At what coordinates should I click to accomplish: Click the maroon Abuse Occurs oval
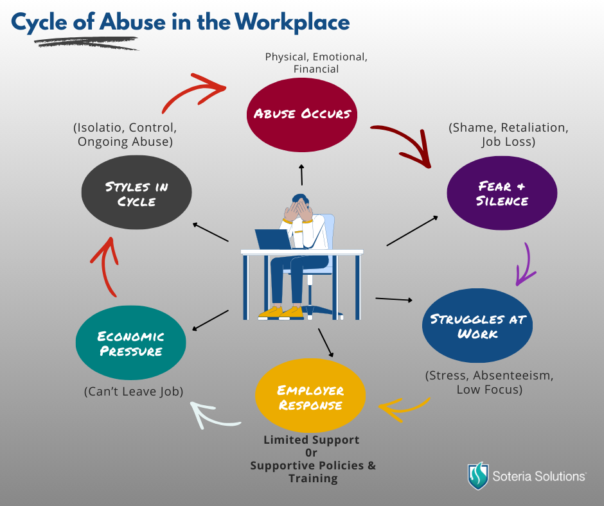[x=302, y=114]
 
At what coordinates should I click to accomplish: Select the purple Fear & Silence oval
[x=502, y=193]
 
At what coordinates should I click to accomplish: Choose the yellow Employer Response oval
[x=310, y=397]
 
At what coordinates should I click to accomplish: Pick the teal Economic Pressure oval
[x=130, y=344]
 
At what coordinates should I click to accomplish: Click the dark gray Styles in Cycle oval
[x=137, y=193]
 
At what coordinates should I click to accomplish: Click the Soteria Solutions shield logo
[x=477, y=476]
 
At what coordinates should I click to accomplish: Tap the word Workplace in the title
[x=292, y=22]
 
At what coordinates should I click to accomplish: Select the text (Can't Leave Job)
[x=134, y=391]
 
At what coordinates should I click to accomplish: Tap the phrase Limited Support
[x=312, y=440]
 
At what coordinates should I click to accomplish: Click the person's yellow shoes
[x=281, y=312]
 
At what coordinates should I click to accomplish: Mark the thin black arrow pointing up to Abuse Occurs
[x=301, y=175]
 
